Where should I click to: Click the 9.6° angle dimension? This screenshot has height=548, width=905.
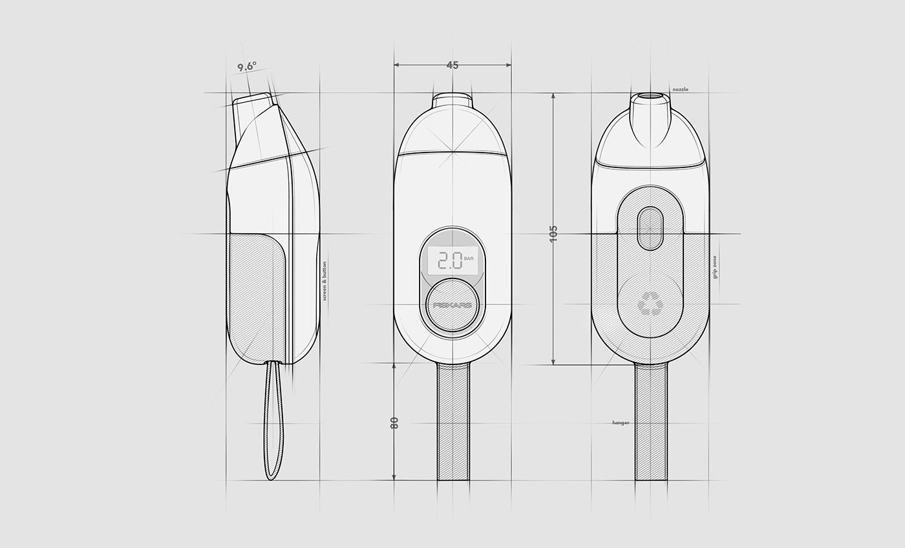246,66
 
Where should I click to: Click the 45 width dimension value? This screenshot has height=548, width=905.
452,65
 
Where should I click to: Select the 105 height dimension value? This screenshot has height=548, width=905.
553,233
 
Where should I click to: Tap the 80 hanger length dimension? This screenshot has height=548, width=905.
394,423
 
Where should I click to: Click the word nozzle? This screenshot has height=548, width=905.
680,89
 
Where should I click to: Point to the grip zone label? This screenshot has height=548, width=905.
714,267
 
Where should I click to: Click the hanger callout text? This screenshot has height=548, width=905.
621,423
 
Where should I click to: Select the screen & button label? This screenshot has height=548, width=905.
325,281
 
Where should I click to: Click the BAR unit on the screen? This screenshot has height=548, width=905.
469,258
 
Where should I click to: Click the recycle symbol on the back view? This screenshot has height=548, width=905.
650,303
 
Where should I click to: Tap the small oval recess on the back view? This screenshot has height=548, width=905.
650,229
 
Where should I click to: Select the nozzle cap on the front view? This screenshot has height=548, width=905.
452,100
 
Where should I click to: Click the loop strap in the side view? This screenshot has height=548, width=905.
273,420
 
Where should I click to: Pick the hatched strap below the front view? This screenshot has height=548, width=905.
453,421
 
